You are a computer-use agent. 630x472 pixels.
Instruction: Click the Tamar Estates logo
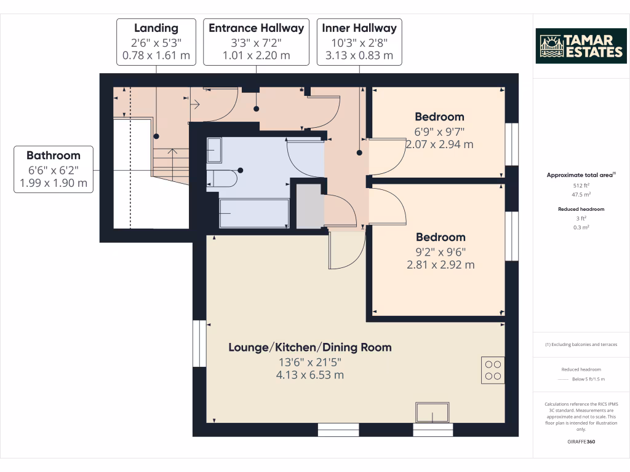[x=581, y=45]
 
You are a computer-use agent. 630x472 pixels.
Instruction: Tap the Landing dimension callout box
[x=156, y=42]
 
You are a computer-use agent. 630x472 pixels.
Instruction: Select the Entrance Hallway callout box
[x=256, y=42]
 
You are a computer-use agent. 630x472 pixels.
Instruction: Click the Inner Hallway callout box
[x=359, y=42]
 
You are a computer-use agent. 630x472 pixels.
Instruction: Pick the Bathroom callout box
[x=53, y=169]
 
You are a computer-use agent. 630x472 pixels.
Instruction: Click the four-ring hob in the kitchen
[x=493, y=370]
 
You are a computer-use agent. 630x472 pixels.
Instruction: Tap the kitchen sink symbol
[x=433, y=412]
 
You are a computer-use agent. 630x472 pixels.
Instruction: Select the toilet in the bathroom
[x=221, y=178]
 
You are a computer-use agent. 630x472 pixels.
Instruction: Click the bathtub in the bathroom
[x=254, y=213]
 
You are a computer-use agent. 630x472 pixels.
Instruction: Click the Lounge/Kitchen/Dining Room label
[x=310, y=347]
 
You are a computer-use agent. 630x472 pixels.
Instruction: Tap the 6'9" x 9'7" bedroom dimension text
[x=439, y=131]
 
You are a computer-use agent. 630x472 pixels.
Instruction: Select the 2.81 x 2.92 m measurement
[x=441, y=265]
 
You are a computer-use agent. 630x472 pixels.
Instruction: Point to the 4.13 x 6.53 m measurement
[x=310, y=374]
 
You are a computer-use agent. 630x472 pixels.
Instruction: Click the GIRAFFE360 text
[x=581, y=442]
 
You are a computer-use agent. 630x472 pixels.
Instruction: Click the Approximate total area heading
[x=581, y=175]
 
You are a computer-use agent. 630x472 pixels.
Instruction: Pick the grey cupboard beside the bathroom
[x=308, y=206]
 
